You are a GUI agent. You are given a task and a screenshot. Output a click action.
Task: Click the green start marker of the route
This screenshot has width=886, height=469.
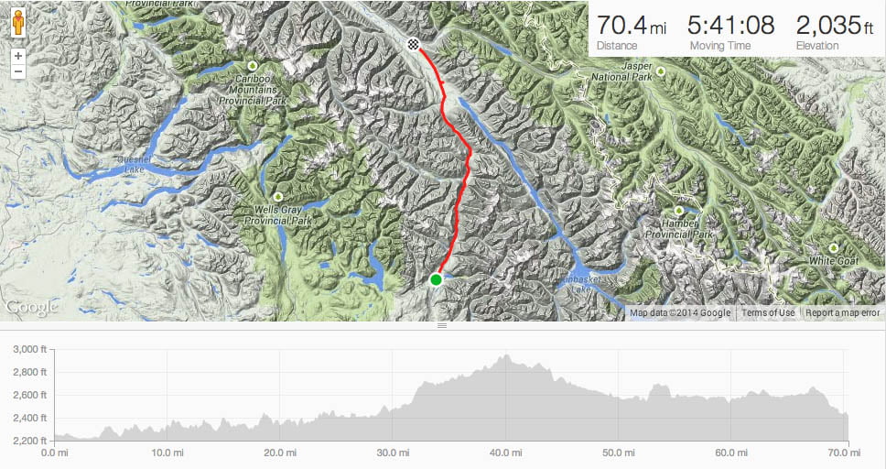[x=436, y=279]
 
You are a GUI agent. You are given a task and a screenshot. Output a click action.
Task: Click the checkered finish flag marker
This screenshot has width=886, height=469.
[x=414, y=44]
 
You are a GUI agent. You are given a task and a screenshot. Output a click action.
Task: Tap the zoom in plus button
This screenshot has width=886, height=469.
[x=18, y=56]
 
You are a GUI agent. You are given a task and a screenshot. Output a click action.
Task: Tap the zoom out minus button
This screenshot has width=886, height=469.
[x=18, y=71]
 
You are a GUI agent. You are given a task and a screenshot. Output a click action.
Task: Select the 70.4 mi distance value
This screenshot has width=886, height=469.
[x=632, y=25]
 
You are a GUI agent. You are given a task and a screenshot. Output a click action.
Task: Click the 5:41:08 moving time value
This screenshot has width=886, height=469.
[x=730, y=25]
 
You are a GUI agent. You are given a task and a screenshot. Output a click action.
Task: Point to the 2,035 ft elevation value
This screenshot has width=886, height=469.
[x=834, y=25]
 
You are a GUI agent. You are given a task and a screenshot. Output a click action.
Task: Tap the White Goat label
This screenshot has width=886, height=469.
[x=832, y=261]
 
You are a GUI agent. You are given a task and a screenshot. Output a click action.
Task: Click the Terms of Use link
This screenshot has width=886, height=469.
[x=768, y=313]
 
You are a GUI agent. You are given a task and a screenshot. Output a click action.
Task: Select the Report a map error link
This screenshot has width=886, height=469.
[x=842, y=313]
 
